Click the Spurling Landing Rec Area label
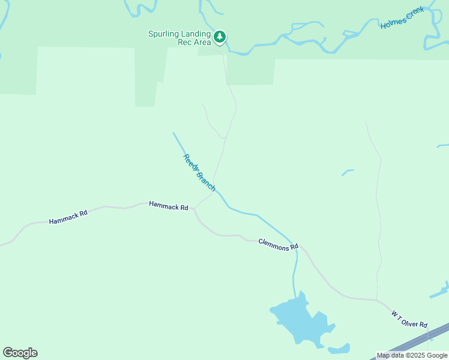tap(179, 38)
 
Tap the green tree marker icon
tap(220, 37)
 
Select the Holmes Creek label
tap(402, 17)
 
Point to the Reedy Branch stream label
tap(199, 173)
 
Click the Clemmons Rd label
tap(279, 244)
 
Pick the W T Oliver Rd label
tap(409, 319)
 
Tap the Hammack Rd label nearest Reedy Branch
tap(168, 206)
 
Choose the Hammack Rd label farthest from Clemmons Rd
tap(68, 217)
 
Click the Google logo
tap(20, 352)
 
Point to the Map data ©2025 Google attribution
tap(412, 355)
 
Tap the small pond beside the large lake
tap(340, 349)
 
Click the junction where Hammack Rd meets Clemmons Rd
tap(193, 209)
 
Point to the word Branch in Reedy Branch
tap(205, 181)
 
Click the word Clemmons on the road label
tap(274, 243)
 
